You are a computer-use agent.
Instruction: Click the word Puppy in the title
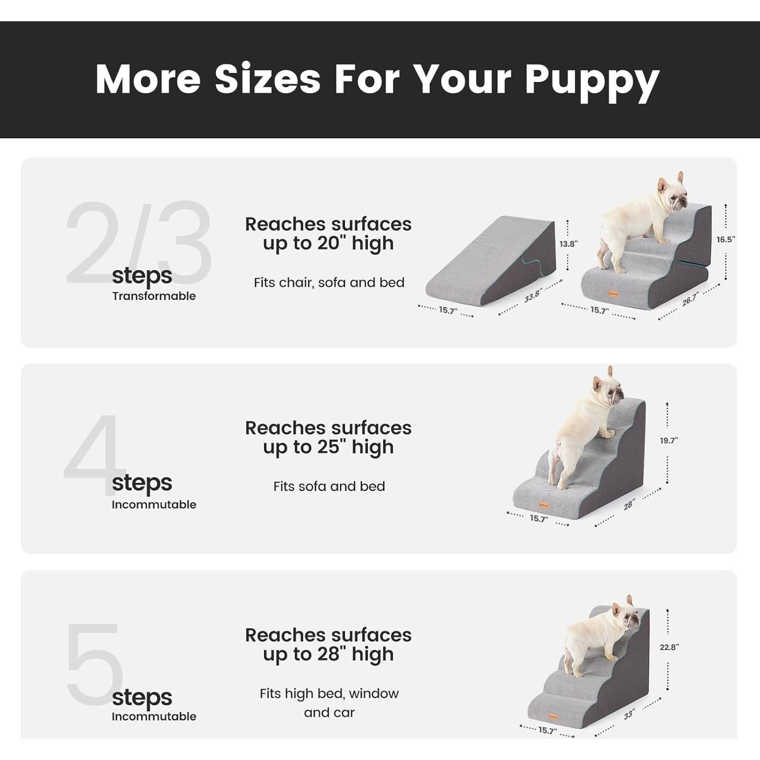coord(591,80)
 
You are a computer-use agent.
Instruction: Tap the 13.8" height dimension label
coord(568,244)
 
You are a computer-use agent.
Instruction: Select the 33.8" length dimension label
coord(533,295)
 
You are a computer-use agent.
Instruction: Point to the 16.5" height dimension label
coord(726,240)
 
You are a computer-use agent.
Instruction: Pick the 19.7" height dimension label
coord(668,441)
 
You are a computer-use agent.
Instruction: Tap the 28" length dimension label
coord(629,505)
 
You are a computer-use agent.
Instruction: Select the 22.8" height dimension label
coord(669,647)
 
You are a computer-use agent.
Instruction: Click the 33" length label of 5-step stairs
coord(629,714)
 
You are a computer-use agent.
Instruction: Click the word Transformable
coord(154,296)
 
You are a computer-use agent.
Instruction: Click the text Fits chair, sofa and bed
coord(329,282)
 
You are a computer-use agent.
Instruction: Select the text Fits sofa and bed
coord(329,486)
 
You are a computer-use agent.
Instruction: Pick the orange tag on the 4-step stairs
coord(544,505)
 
